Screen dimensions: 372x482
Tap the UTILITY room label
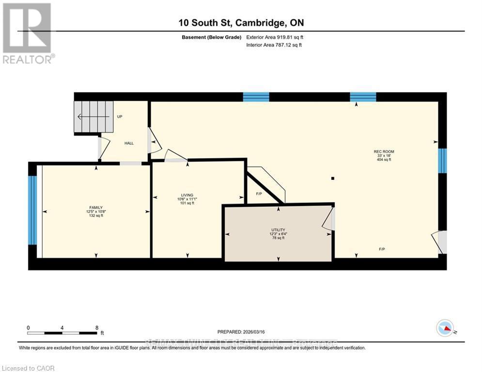(278, 230)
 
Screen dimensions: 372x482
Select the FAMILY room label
(95, 207)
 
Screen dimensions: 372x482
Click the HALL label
(129, 143)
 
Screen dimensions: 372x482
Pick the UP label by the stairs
(120, 117)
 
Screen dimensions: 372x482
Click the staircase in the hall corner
(93, 117)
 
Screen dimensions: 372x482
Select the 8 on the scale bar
(97, 327)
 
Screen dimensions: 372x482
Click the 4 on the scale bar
(62, 327)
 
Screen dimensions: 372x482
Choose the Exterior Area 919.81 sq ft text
(275, 37)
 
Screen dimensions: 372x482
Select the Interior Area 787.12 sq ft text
(275, 45)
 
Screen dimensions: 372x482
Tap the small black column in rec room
(333, 178)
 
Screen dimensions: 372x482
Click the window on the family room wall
(32, 210)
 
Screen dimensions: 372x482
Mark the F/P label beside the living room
(259, 194)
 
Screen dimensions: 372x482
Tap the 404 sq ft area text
(384, 160)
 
